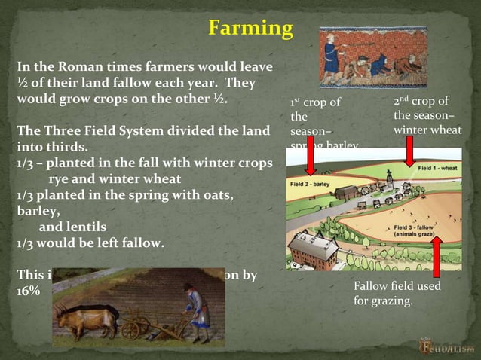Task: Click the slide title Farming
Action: tap(250, 29)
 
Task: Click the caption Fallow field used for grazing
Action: tap(397, 294)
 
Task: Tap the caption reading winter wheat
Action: tap(427, 130)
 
